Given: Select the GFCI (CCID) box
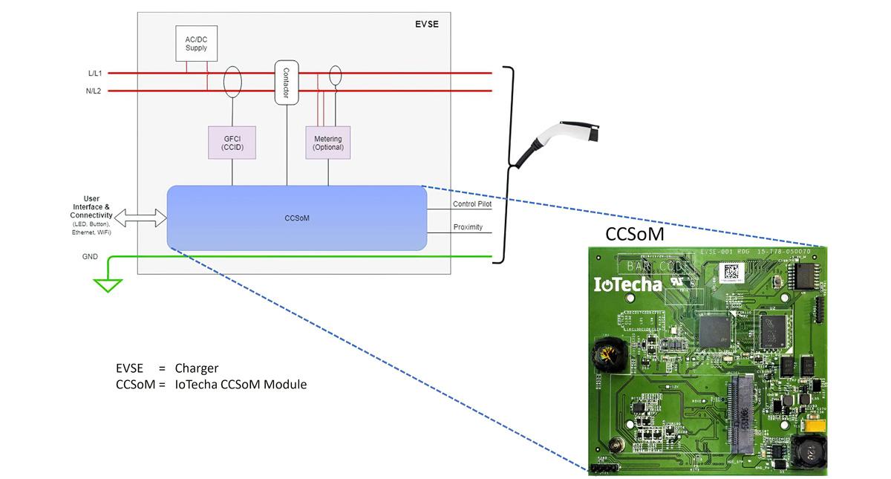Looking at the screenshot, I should click(233, 142).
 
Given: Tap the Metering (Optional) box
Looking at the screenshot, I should click(327, 142).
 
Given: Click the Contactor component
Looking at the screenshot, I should click(287, 82).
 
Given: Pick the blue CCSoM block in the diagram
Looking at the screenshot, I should click(297, 218).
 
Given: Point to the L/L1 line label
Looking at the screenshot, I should click(94, 73).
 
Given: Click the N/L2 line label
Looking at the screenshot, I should click(94, 91).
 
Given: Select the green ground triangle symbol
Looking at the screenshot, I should click(108, 284).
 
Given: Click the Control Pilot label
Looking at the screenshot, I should click(472, 203).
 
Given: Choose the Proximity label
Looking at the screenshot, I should click(468, 227).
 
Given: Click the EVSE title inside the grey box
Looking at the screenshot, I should click(426, 25).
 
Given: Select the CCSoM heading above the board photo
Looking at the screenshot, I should click(635, 234).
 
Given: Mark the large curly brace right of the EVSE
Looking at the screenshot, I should click(509, 164).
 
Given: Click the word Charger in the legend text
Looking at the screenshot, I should click(197, 368).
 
